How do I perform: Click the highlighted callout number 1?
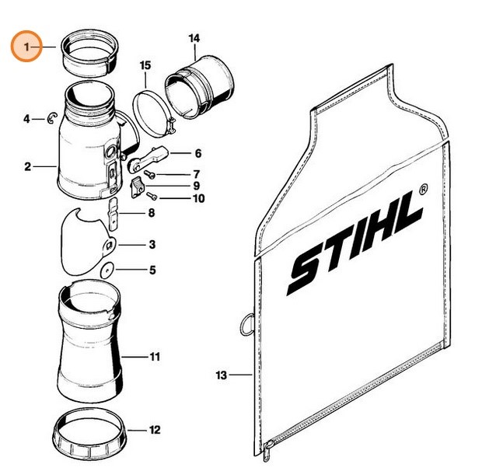[x=27, y=47]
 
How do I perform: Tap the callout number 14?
[x=194, y=37]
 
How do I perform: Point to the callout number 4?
[x=27, y=119]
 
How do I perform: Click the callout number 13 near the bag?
[x=220, y=375]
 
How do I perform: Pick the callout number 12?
[x=155, y=429]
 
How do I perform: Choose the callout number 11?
[x=155, y=357]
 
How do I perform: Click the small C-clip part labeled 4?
[x=51, y=118]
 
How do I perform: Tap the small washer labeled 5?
[x=107, y=270]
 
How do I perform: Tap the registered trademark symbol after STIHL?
[x=423, y=188]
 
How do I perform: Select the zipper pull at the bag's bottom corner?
[x=268, y=448]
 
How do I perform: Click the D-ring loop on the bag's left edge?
[x=246, y=323]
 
